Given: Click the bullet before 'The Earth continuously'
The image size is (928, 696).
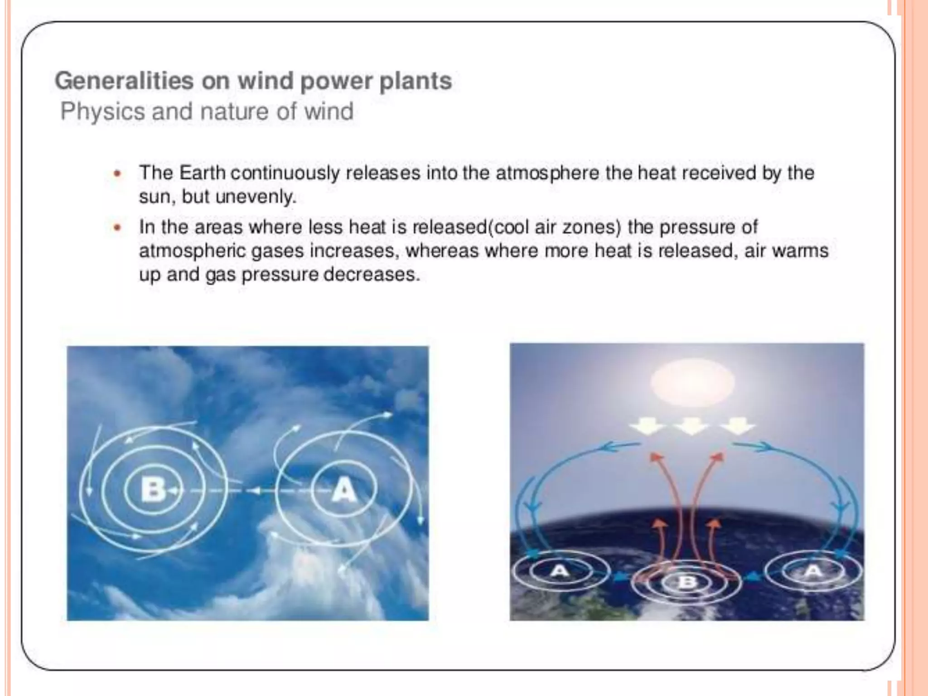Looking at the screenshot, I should point(118,174).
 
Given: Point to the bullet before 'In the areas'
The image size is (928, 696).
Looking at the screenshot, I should point(118,227).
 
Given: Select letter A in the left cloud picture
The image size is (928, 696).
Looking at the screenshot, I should point(344,490).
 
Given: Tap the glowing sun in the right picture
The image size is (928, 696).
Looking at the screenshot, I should point(692,382).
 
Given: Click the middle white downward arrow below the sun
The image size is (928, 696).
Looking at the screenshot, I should point(691,426).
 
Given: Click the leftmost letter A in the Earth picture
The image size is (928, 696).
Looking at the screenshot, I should point(560,571).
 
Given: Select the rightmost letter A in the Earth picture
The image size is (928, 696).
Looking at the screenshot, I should point(813,571).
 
